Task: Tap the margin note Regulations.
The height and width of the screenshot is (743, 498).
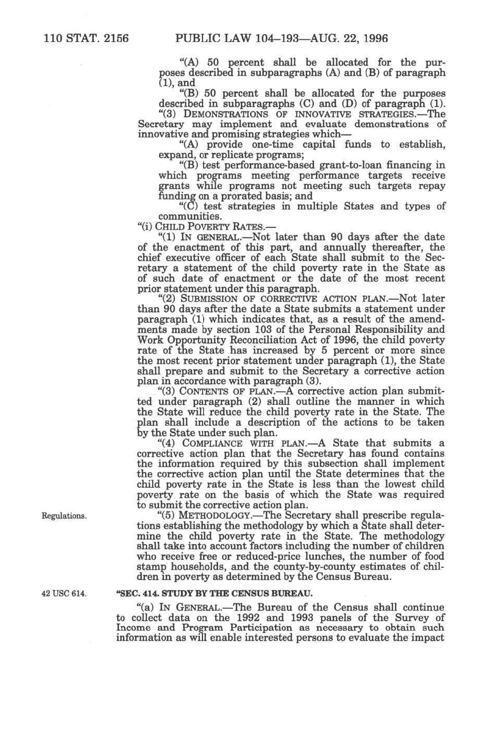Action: pyautogui.click(x=64, y=516)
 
